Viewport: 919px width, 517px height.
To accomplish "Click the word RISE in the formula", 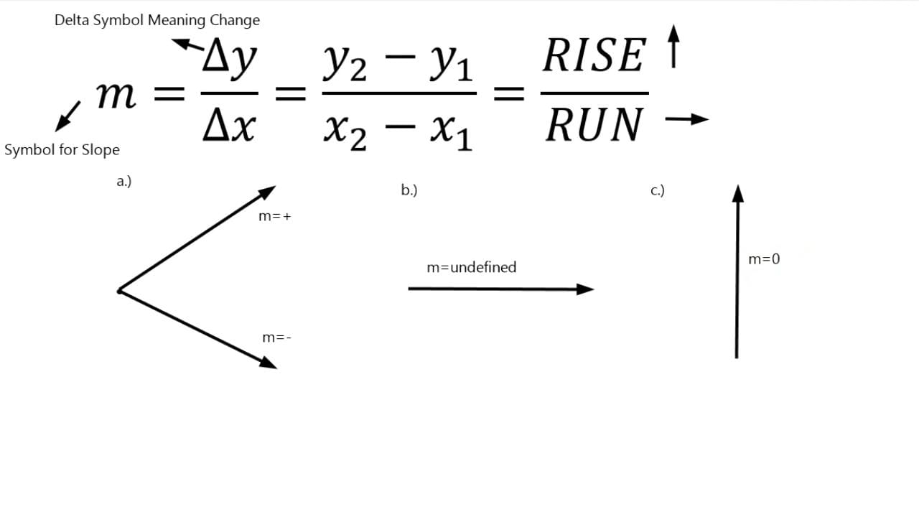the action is click(594, 55).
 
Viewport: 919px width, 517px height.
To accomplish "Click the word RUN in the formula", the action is click(594, 125).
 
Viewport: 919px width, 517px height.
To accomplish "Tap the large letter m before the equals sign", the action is click(116, 96).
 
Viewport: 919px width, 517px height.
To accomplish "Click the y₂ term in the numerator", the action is click(345, 62).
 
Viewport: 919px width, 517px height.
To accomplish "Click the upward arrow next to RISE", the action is click(673, 47).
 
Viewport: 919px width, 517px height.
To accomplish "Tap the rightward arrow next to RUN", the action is click(687, 119).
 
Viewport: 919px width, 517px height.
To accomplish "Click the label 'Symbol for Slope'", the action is click(62, 150).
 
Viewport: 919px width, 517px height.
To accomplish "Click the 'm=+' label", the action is click(274, 216).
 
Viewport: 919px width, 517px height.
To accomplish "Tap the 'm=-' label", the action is click(276, 337).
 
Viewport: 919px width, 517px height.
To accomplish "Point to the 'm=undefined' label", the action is click(472, 267).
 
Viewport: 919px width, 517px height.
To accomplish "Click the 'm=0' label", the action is click(764, 259).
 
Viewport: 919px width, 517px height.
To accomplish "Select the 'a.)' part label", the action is click(124, 181).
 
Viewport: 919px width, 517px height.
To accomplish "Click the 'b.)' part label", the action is click(409, 190).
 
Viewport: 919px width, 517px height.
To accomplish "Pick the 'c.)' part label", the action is click(658, 190).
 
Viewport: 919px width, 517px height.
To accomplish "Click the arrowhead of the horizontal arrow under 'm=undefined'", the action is click(585, 289).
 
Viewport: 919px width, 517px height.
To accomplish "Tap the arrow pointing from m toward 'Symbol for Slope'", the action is click(67, 116).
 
